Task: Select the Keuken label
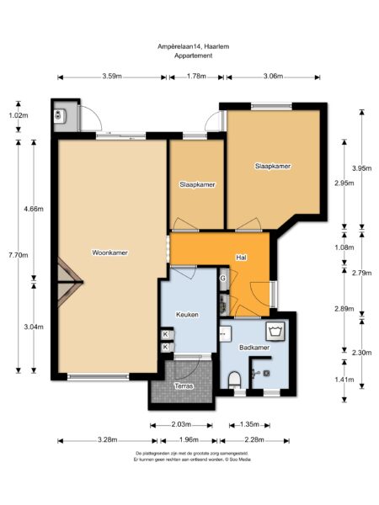point(187,315)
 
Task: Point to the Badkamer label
point(253,347)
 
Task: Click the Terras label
point(184,385)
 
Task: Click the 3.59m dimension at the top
point(109,77)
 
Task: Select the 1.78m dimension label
point(195,77)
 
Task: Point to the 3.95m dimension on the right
point(362,167)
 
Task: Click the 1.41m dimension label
point(344,380)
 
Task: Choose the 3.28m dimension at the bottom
point(107,439)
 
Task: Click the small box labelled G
point(223,278)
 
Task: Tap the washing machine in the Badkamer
point(274,329)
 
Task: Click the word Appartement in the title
point(194,56)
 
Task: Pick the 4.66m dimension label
point(34,209)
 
